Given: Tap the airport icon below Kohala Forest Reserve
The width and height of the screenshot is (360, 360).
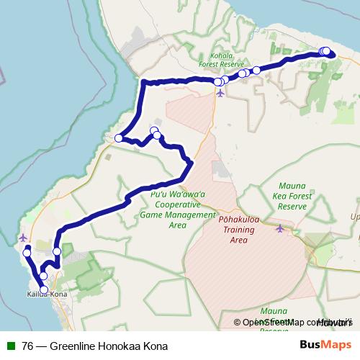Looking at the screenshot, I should (220, 92).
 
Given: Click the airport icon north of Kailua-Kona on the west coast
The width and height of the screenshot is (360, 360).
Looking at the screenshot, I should (24, 237).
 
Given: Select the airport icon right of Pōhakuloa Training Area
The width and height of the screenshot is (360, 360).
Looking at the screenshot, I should (280, 228).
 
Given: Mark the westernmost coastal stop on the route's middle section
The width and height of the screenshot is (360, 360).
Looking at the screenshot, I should (119, 138).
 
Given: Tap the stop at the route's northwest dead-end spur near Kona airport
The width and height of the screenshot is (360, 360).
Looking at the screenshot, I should (27, 253).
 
